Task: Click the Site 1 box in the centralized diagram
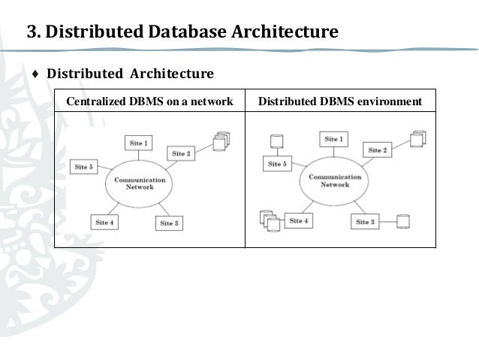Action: coord(138,142)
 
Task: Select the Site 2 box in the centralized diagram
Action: coord(182,153)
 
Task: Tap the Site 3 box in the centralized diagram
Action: coord(168,222)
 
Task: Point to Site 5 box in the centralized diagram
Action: coord(83,167)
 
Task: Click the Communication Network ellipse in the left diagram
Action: coord(135,183)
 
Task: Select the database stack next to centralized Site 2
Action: coord(220,141)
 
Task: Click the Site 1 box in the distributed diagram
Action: coord(334,139)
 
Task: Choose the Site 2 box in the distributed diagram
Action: coord(377,150)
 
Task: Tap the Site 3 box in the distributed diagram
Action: coord(364,222)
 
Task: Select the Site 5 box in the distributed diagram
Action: coord(278,163)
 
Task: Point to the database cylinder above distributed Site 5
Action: coord(276,141)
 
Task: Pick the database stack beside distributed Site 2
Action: coord(417,140)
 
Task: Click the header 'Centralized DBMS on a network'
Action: coord(150,101)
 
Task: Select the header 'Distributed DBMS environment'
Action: coord(340,101)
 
